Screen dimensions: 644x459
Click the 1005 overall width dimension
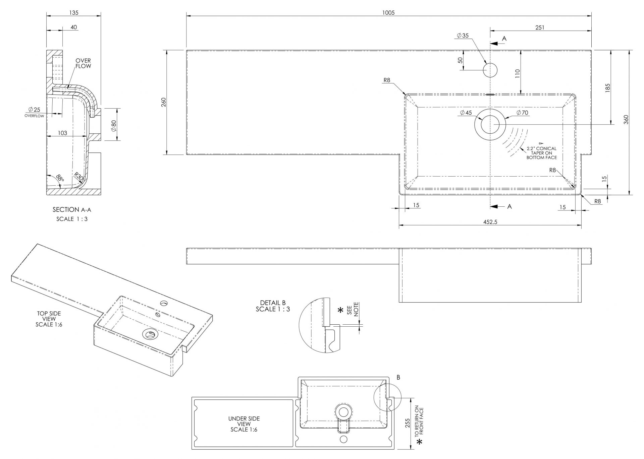[x=388, y=13]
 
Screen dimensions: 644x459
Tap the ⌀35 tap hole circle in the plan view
[x=490, y=70]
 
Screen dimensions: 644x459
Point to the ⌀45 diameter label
[x=466, y=113]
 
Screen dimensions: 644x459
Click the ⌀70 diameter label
[x=522, y=113]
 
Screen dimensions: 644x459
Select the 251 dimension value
[x=540, y=27]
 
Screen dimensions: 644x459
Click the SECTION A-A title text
[x=72, y=210]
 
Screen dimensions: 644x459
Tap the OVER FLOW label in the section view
[x=83, y=63]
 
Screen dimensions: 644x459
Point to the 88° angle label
[x=60, y=178]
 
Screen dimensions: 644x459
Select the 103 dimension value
[x=62, y=133]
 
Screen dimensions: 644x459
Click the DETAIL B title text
[x=273, y=306]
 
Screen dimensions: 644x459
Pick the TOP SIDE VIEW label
[x=49, y=319]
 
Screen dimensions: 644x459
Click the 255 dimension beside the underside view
[x=407, y=423]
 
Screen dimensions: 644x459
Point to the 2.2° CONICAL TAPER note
[x=541, y=153]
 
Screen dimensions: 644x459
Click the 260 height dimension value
[x=164, y=102]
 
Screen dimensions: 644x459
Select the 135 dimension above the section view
[x=74, y=13]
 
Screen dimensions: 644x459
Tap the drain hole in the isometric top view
[x=150, y=334]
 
